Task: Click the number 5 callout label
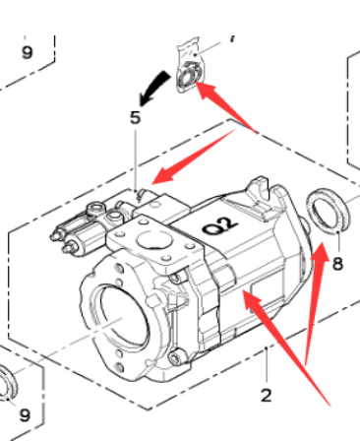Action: point(135,117)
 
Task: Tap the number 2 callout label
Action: point(267,396)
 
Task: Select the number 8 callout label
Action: point(337,264)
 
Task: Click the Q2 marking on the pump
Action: point(220,225)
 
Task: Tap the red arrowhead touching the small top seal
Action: point(206,91)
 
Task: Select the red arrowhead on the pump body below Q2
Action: point(252,300)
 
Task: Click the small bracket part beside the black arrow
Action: point(189,66)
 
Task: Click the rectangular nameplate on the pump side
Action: point(267,292)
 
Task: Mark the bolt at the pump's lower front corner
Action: point(176,357)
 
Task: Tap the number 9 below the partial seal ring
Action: point(25,415)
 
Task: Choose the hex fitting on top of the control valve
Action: point(95,208)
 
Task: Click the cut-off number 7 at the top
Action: point(232,38)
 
